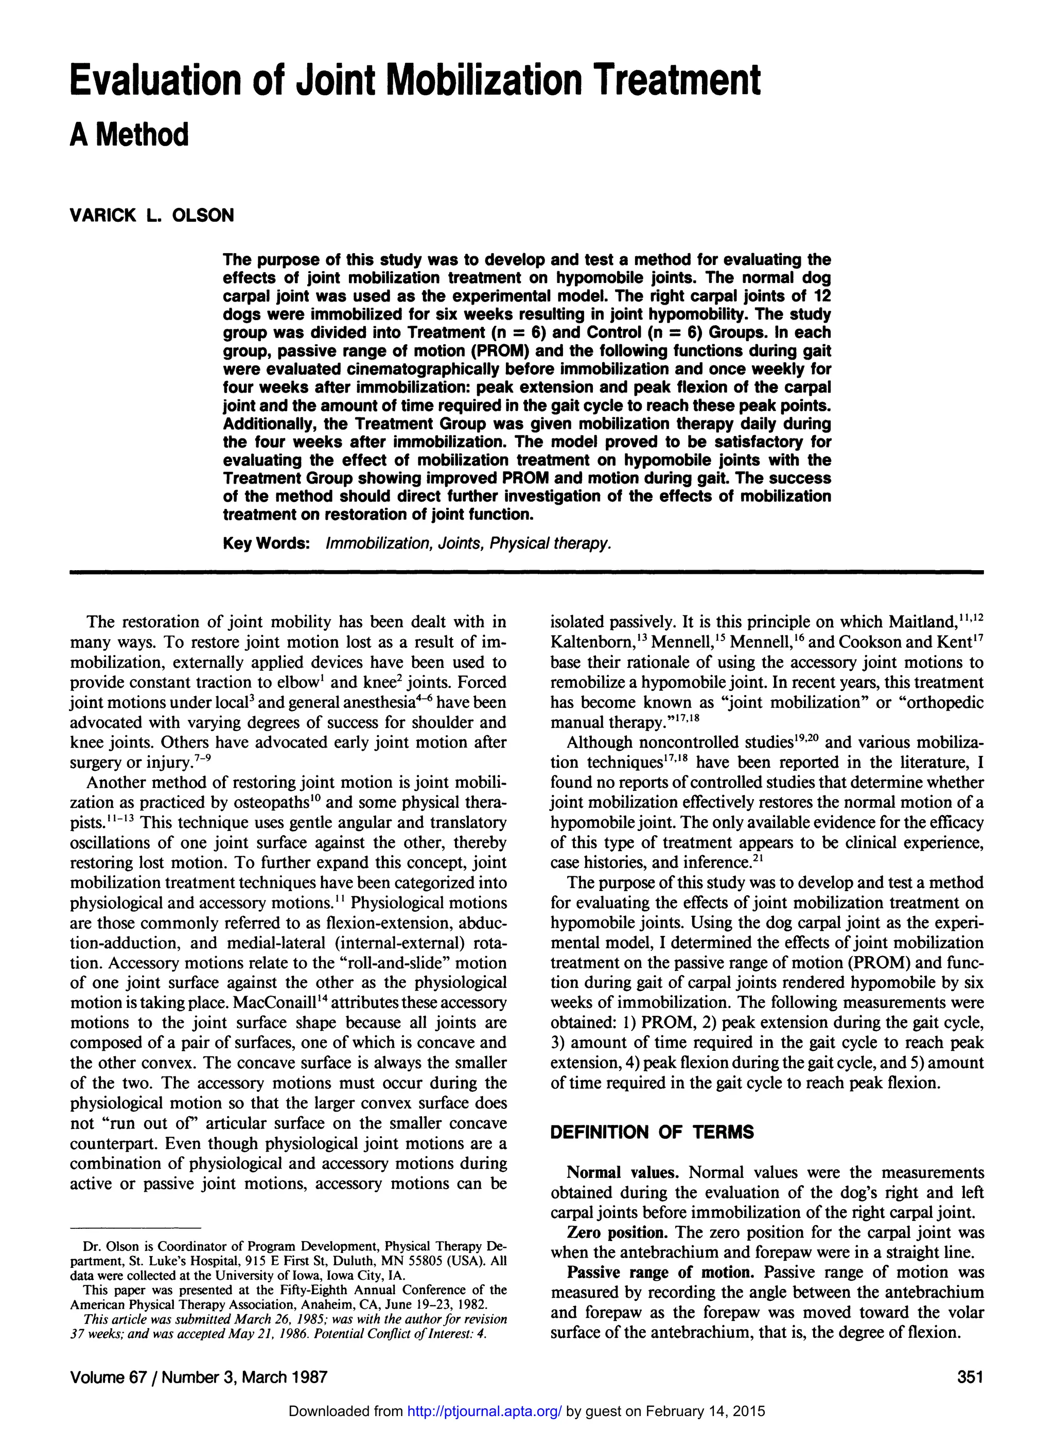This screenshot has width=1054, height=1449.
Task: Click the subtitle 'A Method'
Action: pos(129,135)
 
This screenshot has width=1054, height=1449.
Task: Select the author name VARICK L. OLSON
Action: pos(151,215)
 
